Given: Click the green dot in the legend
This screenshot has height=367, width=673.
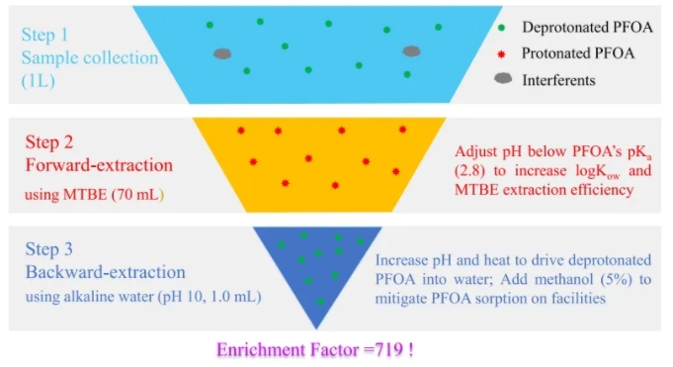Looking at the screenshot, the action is tap(501, 28).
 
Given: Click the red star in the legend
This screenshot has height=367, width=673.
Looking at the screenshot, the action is tap(501, 54).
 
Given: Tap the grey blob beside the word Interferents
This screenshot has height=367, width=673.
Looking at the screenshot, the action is tap(503, 78).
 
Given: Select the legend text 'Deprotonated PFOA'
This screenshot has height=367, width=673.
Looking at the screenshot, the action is tap(587, 27).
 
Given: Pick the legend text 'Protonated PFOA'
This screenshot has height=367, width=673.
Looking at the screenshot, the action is tap(578, 53).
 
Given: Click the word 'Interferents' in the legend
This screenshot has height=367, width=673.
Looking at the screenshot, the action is tap(558, 80).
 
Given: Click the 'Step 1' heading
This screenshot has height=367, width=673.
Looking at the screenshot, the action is tap(45, 35).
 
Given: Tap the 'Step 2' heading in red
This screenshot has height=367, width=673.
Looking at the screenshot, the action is tap(49, 142).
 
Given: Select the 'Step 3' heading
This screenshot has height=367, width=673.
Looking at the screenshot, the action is tap(49, 249).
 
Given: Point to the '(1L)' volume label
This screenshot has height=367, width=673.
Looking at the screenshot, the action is tap(39, 81).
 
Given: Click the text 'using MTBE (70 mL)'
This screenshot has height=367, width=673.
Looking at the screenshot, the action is tap(95, 195).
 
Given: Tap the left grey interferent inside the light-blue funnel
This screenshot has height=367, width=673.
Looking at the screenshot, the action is tap(222, 53).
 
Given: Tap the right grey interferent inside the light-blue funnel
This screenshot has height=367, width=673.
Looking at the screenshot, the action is tap(411, 51).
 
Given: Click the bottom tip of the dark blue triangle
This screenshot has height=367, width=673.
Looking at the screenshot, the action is tap(317, 329).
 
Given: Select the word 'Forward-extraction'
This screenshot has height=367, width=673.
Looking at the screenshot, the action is tap(99, 165).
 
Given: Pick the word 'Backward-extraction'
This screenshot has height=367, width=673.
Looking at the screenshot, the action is tap(106, 272).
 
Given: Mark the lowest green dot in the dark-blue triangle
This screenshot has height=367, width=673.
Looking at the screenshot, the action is tap(320, 302).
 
